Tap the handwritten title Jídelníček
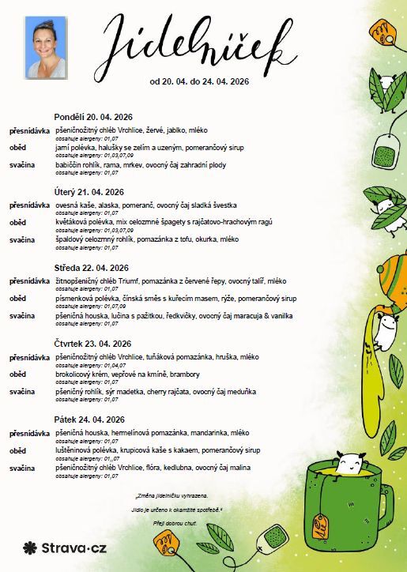coord(193,43)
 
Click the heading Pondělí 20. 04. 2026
coord(93,116)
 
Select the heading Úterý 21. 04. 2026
coord(89,192)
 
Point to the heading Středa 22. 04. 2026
coord(92,268)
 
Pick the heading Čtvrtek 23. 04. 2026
coord(93,344)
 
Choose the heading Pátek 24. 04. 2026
coord(89,420)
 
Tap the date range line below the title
coord(194,81)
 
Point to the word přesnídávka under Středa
coord(30,281)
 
